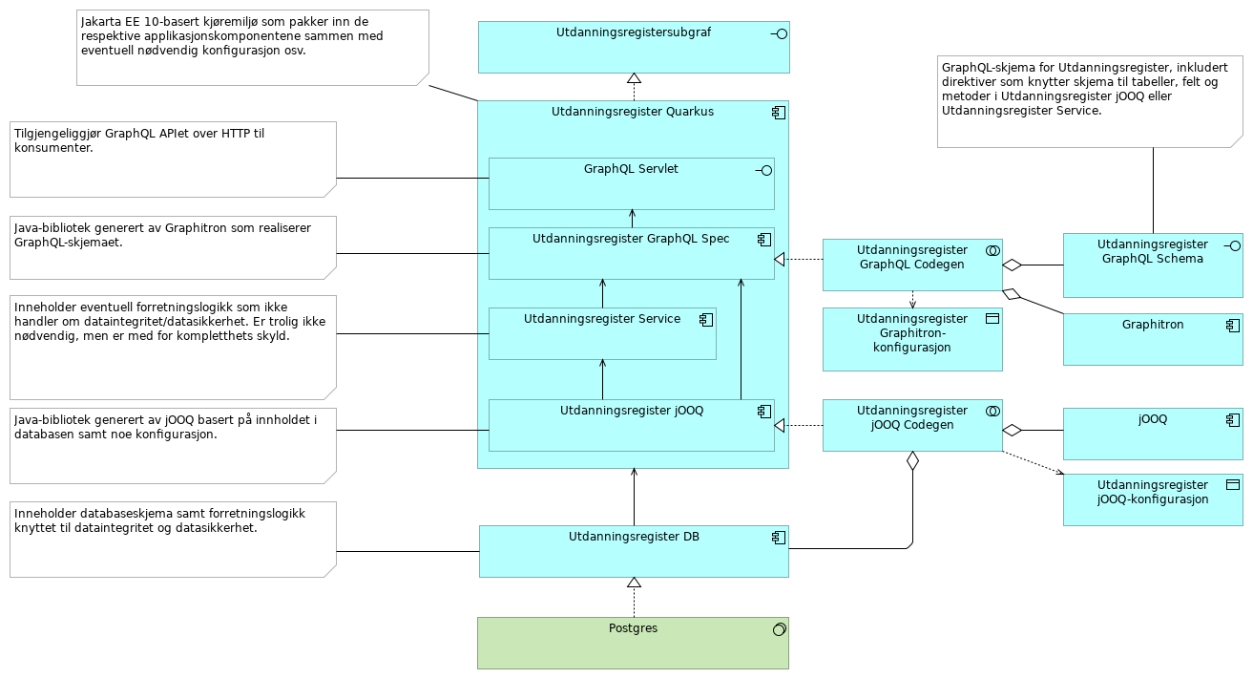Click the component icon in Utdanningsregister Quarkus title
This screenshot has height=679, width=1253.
(779, 113)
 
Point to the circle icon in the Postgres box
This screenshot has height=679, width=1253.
(779, 628)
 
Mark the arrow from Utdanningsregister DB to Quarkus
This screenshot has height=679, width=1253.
(634, 497)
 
